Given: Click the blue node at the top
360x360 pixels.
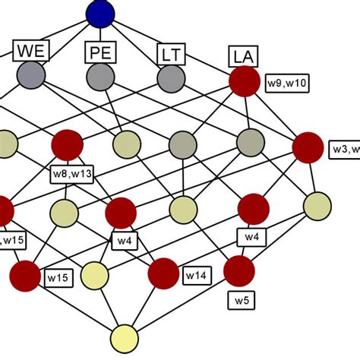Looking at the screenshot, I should (x=100, y=13).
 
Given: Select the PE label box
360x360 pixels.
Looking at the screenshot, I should (x=99, y=53).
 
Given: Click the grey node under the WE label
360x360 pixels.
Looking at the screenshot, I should (x=31, y=76).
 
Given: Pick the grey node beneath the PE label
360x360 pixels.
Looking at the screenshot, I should (x=100, y=77).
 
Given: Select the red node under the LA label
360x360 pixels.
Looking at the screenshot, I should (x=245, y=81).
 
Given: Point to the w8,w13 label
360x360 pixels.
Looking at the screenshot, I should (x=71, y=174).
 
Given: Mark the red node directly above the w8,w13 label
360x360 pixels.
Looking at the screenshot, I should (x=67, y=144).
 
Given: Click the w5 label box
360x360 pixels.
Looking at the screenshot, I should (x=240, y=301).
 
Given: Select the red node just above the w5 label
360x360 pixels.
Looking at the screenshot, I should (x=238, y=270).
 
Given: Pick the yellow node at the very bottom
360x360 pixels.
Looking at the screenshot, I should (x=125, y=338).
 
